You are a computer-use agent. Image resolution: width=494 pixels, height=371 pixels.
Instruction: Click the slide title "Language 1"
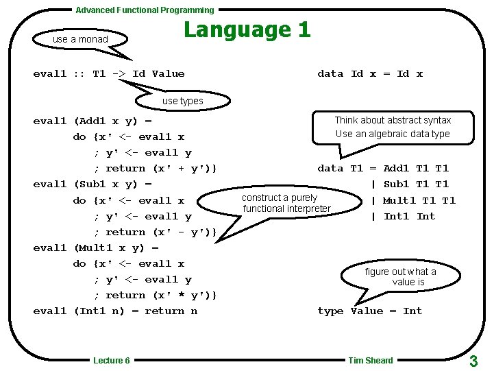pos(247,29)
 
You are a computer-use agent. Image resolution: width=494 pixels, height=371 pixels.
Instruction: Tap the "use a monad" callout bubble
pos(80,39)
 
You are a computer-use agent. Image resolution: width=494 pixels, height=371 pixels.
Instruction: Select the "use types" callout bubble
pos(182,101)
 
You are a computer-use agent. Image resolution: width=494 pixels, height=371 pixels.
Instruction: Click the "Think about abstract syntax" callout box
pos(393,127)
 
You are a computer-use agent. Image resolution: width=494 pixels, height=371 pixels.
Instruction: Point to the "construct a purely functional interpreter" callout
pos(286,203)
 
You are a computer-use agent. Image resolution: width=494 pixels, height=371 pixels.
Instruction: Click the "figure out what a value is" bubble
pos(401,276)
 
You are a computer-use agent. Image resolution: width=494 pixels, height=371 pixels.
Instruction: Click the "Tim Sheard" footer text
pos(371,361)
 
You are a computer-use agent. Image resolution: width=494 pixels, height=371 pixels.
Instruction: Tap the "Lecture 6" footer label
pos(112,361)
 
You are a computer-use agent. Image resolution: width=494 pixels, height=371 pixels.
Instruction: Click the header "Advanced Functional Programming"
pos(145,10)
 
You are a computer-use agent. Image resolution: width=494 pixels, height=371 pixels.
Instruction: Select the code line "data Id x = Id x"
pos(370,74)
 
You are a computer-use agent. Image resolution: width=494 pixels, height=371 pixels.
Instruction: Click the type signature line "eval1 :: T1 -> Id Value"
pos(109,74)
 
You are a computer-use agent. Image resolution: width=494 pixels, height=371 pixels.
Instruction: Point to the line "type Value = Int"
pos(370,311)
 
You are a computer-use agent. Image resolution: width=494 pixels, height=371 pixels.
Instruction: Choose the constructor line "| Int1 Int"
pos(402,217)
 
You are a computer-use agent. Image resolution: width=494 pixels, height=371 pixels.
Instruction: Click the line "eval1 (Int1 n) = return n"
pos(115,311)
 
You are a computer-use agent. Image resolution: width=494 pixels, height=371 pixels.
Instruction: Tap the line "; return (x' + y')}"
pos(156,169)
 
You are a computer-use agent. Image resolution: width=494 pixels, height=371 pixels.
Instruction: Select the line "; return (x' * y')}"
pos(156,296)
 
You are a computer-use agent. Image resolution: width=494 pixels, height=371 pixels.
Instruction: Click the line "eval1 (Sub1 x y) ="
pos(92,184)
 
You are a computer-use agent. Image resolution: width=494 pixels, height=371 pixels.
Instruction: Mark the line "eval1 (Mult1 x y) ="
pos(96,248)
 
